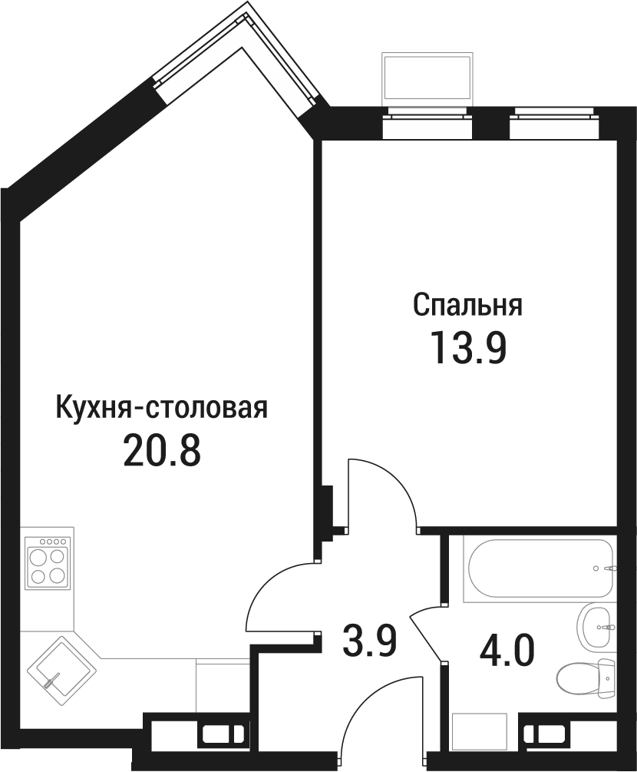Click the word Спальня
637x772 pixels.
coord(468,305)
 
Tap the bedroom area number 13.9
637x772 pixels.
coord(468,348)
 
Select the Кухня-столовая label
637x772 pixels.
coord(162,407)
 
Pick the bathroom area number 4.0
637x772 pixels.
coord(507,650)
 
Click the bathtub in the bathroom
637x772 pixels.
coord(540,568)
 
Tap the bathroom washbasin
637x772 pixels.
coord(596,627)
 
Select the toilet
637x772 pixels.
coord(587,678)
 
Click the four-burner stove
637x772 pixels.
coord(48,562)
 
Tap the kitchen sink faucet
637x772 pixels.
coord(51,681)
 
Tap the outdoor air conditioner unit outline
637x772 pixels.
coord(427,80)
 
